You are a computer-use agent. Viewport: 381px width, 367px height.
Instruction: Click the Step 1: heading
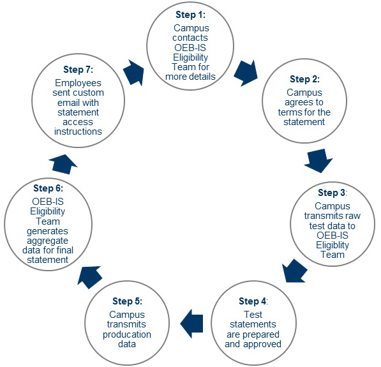[x=190, y=15]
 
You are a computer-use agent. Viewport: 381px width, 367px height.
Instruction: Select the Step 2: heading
[x=304, y=79]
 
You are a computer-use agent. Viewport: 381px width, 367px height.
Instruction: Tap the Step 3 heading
[x=332, y=193]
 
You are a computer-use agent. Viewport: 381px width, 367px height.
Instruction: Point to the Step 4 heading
[x=253, y=301]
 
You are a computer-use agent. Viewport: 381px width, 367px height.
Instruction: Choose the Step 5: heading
[x=128, y=301]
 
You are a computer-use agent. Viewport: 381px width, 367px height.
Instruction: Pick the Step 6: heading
[x=48, y=188]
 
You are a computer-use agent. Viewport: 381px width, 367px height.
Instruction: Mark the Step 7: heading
[x=78, y=70]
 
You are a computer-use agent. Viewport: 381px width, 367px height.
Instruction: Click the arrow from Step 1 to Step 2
[x=246, y=73]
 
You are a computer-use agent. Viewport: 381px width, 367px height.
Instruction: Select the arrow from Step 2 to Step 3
[x=318, y=161]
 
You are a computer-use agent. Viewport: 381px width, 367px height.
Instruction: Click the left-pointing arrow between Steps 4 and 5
[x=191, y=324]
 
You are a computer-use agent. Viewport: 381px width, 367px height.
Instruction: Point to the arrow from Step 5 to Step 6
[x=89, y=277]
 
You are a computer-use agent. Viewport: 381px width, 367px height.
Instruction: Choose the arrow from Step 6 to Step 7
[x=63, y=164]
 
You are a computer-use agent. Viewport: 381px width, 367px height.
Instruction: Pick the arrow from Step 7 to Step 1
[x=133, y=72]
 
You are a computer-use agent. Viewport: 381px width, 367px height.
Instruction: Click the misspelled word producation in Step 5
[x=127, y=334]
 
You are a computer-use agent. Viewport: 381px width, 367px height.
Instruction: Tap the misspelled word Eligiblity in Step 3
[x=332, y=245]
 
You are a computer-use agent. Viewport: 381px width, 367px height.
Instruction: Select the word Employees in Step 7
[x=78, y=83]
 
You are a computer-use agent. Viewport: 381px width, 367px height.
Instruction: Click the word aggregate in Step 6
[x=48, y=241]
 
